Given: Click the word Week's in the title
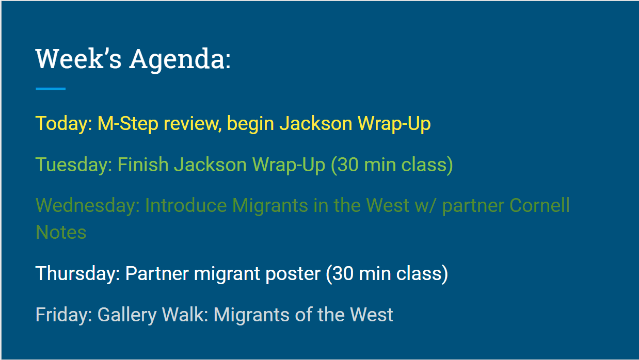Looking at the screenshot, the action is (x=79, y=59).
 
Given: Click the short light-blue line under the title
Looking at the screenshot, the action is (x=51, y=89).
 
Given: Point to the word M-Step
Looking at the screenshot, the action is (x=128, y=124).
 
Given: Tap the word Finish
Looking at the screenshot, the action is (x=143, y=165).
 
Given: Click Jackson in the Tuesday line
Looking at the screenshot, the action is (x=210, y=165).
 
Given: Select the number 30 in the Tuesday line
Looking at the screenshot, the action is (x=345, y=166).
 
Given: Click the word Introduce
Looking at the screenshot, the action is (x=186, y=205).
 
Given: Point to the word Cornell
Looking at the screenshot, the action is (x=539, y=205).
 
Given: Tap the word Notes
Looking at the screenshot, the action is (x=61, y=232).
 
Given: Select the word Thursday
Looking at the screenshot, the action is (x=77, y=274).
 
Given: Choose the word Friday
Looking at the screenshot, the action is (x=64, y=315).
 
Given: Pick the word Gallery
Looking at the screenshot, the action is (x=127, y=315).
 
